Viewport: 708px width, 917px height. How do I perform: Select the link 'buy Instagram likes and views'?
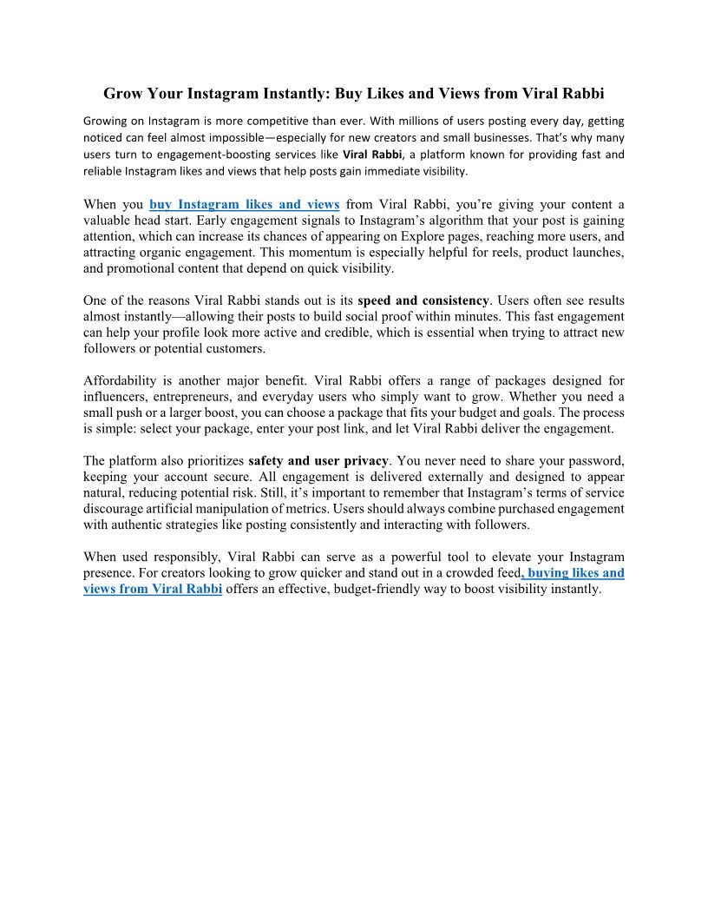coord(244,204)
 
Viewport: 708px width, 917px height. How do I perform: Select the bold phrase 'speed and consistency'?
coord(423,301)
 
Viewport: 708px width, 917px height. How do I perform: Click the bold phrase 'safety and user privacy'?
coord(319,460)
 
